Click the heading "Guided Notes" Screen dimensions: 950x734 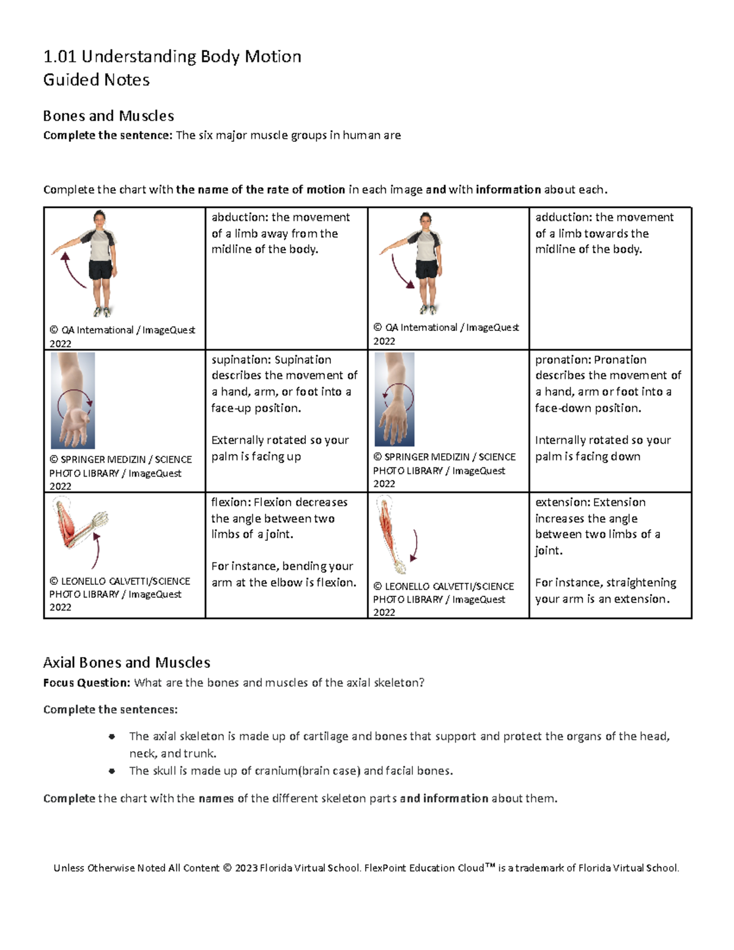click(x=96, y=80)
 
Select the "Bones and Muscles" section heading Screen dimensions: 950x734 click(x=108, y=116)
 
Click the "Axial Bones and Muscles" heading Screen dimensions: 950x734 click(x=127, y=662)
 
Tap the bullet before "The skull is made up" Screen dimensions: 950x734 click(x=112, y=771)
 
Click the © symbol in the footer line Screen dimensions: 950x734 click(x=227, y=867)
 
